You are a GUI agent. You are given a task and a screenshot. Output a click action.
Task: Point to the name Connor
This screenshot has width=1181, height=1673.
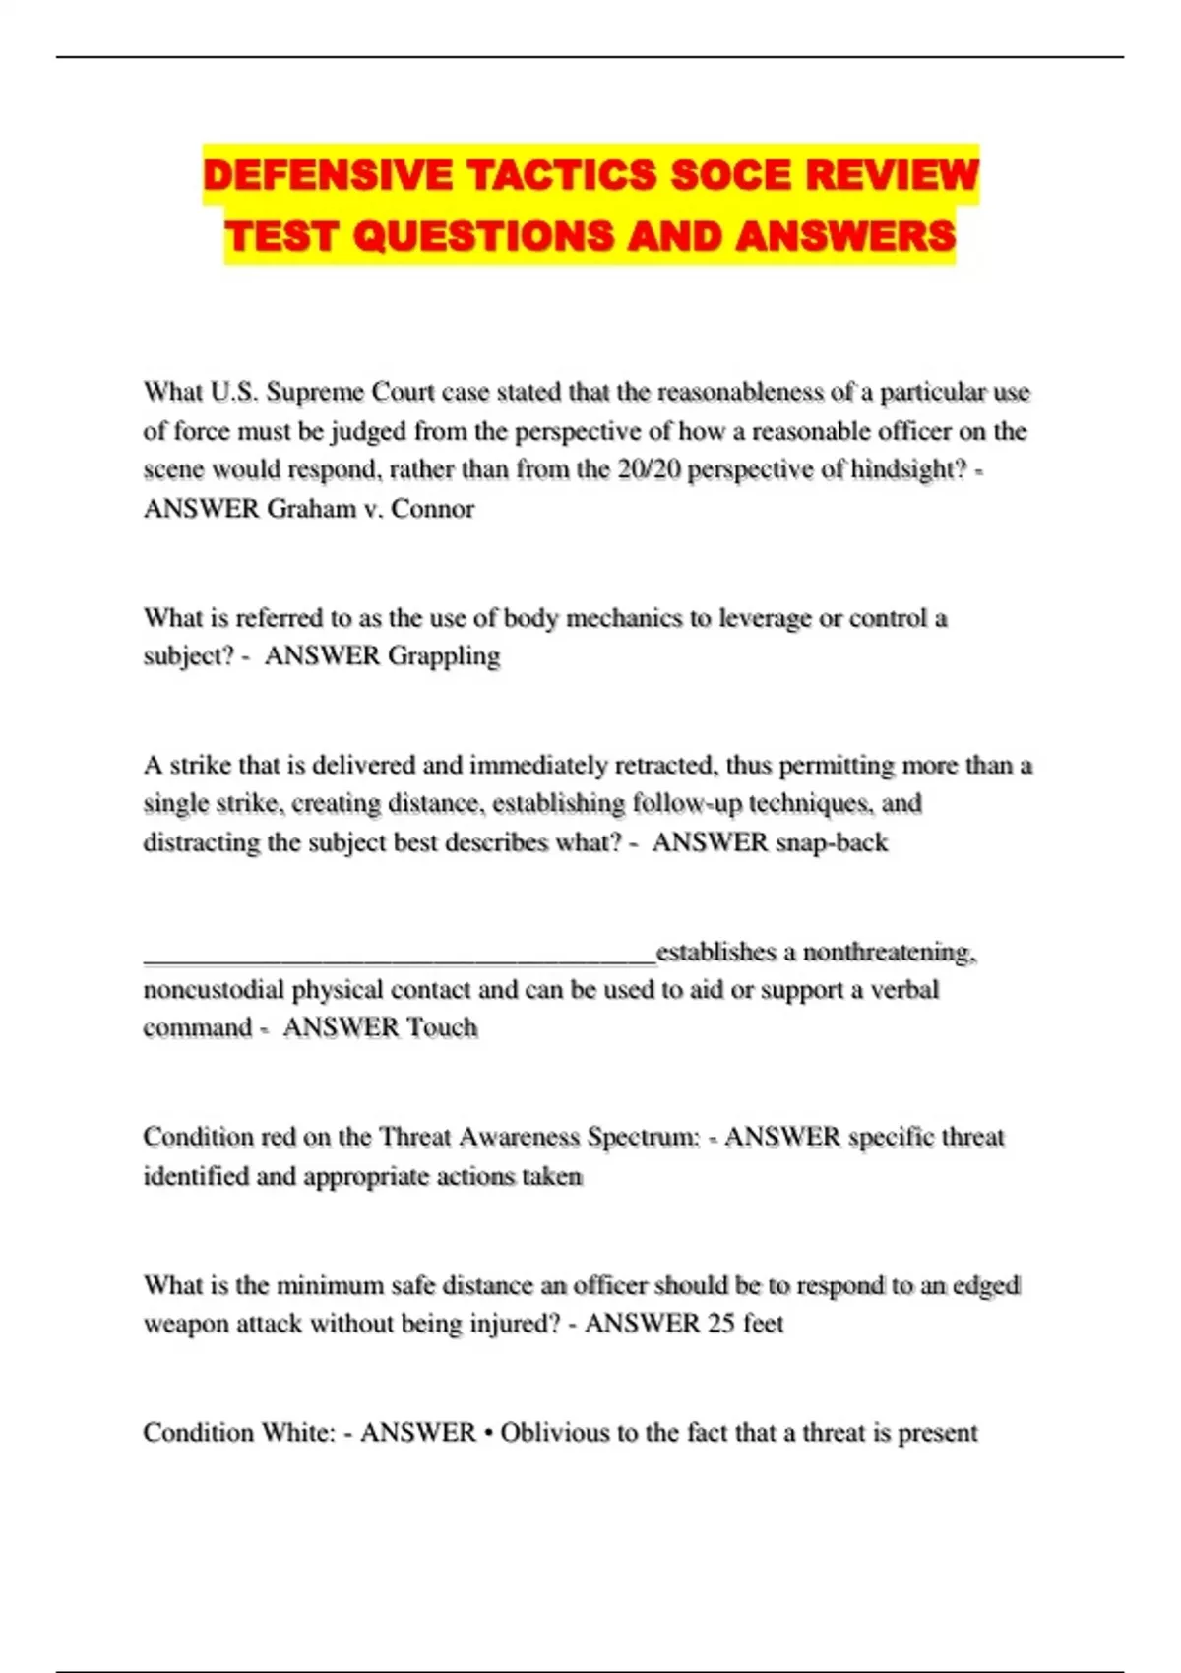(x=433, y=509)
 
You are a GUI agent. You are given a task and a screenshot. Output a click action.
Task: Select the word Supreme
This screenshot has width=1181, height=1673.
(x=314, y=392)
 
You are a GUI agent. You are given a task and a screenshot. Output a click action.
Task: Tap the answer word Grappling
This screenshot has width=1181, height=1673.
(x=444, y=655)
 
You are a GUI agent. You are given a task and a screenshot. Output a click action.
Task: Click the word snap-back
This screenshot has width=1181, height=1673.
(x=832, y=842)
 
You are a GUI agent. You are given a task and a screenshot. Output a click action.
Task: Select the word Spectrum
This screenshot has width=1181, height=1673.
(x=643, y=1137)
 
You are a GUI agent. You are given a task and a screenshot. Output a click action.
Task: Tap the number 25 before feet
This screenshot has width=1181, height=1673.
(x=721, y=1323)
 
